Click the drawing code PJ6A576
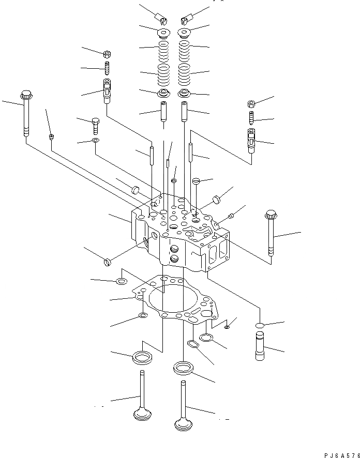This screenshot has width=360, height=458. point(340,453)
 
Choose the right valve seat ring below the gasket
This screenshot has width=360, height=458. point(183,369)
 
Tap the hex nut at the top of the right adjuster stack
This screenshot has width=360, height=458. point(251,104)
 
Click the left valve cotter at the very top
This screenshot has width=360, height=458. point(163,21)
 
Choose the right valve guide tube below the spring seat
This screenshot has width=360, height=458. point(184,111)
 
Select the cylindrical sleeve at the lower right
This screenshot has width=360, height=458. point(260,346)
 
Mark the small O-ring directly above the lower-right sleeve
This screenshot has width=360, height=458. point(260,325)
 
